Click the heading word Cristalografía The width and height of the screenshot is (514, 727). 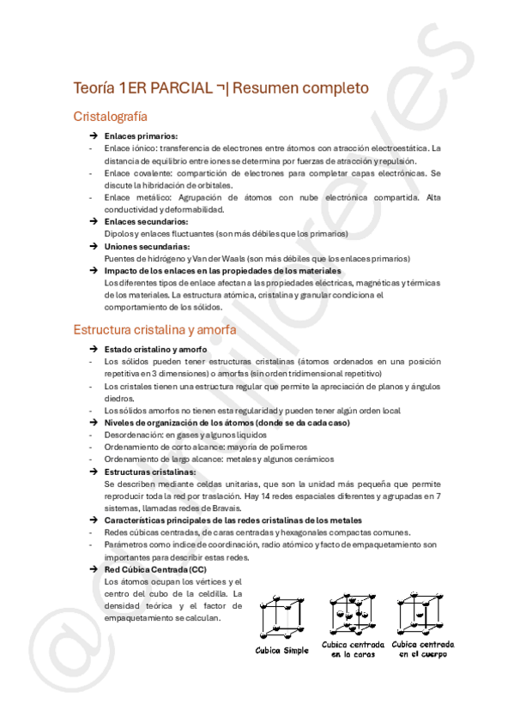coord(110,116)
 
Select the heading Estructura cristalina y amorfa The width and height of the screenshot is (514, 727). coord(155,329)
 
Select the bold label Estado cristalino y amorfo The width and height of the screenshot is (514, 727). coord(155,350)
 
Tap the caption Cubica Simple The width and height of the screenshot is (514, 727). coord(281,650)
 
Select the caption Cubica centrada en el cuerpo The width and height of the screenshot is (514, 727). coord(423,649)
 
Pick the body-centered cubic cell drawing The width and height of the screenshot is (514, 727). coord(421,610)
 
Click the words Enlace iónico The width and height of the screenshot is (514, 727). coord(126,148)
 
